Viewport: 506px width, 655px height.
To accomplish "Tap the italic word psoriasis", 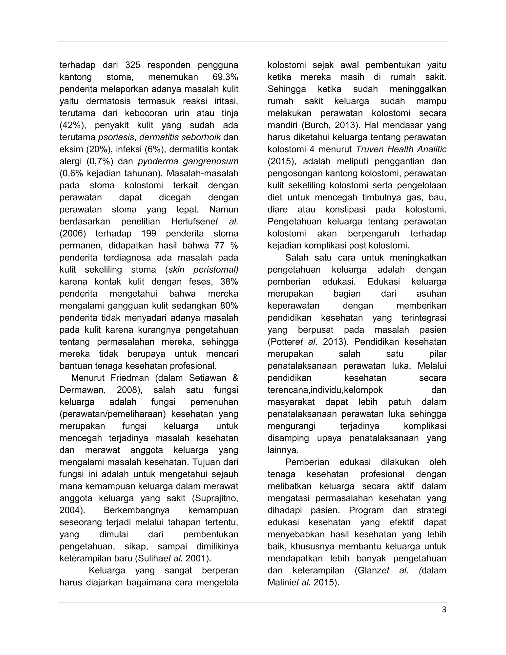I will (116, 137).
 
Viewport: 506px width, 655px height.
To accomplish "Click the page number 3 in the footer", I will (444, 610).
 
